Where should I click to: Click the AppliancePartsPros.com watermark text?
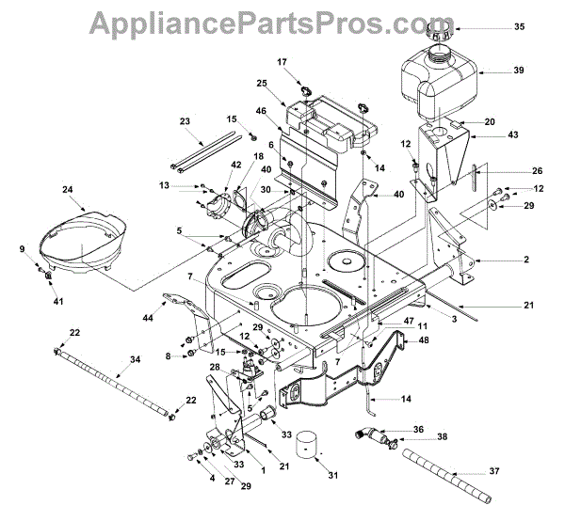tap(282, 20)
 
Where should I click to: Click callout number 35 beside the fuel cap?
tap(518, 28)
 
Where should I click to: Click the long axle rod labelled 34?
tap(118, 382)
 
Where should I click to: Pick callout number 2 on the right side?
tap(527, 260)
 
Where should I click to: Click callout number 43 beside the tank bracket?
tap(513, 136)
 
